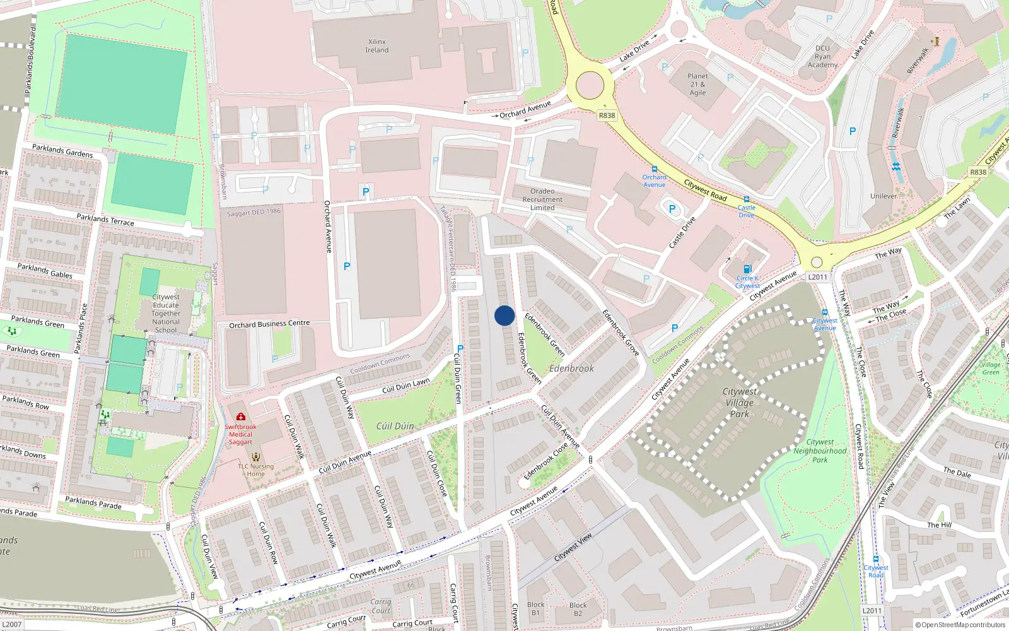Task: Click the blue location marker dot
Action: coord(504,315)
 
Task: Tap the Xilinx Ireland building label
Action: coord(377,46)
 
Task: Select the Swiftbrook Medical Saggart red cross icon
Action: coord(240,416)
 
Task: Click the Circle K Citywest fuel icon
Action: coord(747,269)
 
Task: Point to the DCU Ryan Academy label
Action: coord(823,56)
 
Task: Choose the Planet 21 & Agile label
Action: coord(697,84)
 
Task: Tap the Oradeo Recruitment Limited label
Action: coord(542,199)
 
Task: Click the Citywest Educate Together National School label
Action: coord(166,313)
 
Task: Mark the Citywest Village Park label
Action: coord(739,403)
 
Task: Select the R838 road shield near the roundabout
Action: coord(607,115)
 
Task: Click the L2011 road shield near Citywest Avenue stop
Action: coord(817,277)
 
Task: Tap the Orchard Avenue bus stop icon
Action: coord(655,169)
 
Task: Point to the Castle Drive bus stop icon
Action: coord(747,199)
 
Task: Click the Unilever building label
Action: coord(883,196)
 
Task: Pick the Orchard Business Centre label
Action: coord(269,324)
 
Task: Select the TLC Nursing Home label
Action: coord(256,470)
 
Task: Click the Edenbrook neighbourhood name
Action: coord(571,369)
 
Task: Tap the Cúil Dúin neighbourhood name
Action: coord(395,427)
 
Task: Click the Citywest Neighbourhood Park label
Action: coord(820,451)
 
